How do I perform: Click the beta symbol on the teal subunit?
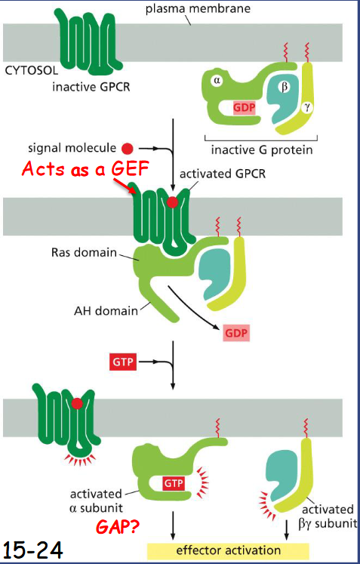[x=285, y=87]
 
